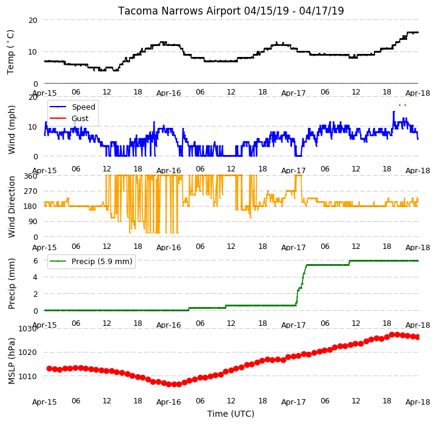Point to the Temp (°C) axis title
click(10, 52)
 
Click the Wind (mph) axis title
click(11, 130)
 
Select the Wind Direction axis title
click(11, 207)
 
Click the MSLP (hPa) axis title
click(11, 361)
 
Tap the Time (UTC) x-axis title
click(231, 414)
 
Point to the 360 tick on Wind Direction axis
click(31, 176)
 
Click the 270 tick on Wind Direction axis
click(31, 191)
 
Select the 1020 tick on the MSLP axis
click(27, 353)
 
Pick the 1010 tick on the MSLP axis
click(27, 376)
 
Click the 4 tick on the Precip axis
click(35, 277)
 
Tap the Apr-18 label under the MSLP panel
click(418, 402)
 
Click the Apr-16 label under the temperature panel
click(168, 93)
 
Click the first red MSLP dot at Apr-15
click(49, 368)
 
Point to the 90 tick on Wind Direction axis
click(33, 222)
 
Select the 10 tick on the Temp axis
click(33, 52)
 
